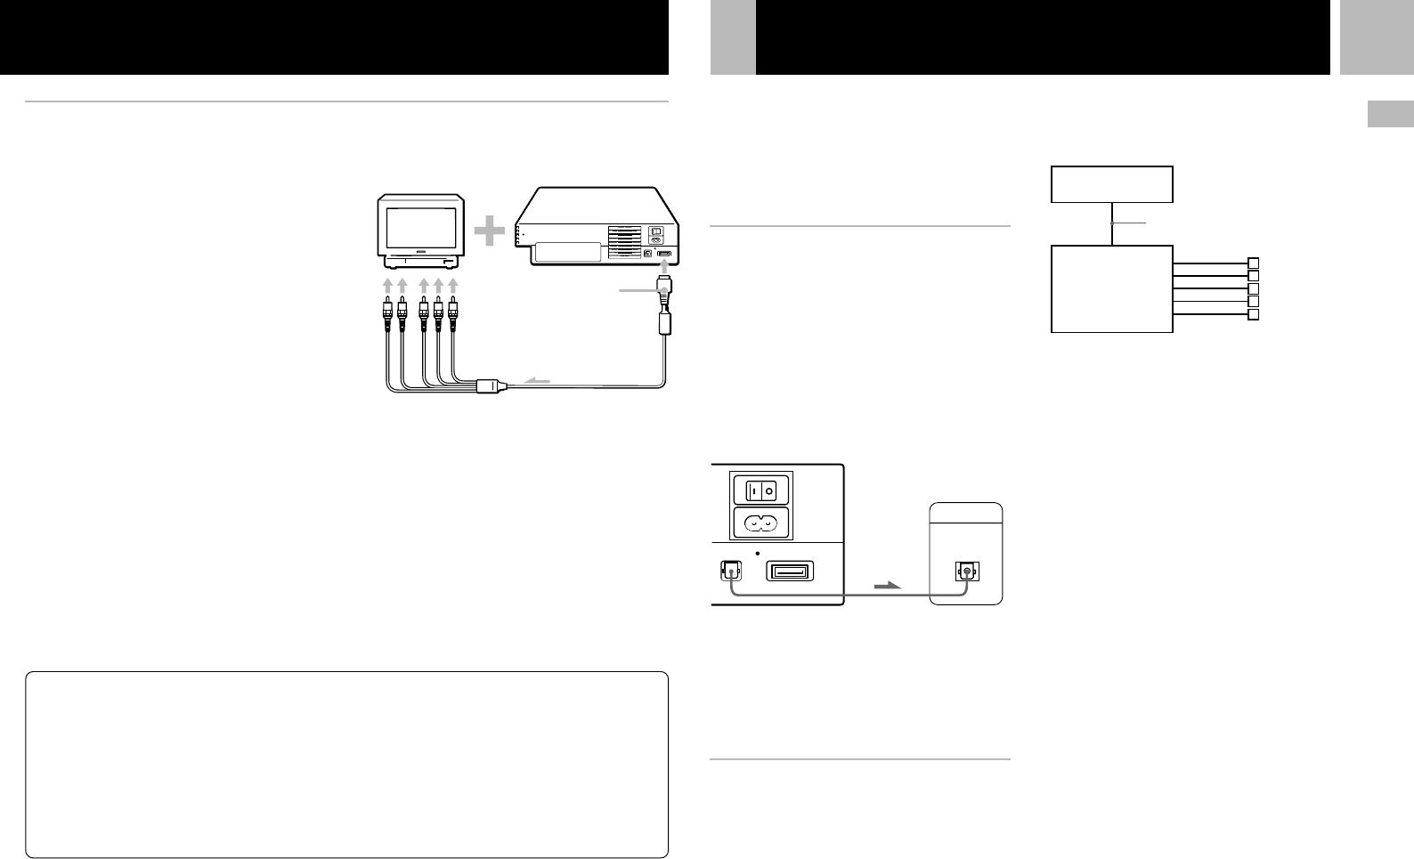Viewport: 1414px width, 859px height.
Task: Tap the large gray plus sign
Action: click(488, 233)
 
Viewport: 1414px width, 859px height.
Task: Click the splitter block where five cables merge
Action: click(491, 387)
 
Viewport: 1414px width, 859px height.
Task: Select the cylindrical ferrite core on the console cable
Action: click(664, 322)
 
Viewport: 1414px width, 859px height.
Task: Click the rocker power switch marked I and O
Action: click(760, 490)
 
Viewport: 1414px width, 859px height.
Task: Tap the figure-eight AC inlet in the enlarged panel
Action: click(760, 523)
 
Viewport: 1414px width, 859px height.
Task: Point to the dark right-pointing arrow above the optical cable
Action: click(888, 586)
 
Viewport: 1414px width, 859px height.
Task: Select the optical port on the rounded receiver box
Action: click(965, 571)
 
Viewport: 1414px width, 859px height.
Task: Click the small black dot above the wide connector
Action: click(756, 553)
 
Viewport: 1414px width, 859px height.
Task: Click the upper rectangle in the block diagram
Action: click(1112, 184)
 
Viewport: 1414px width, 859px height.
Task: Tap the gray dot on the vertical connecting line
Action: click(1112, 223)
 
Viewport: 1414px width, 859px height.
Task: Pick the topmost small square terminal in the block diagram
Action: click(1253, 263)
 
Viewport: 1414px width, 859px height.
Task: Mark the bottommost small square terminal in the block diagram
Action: click(1253, 315)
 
